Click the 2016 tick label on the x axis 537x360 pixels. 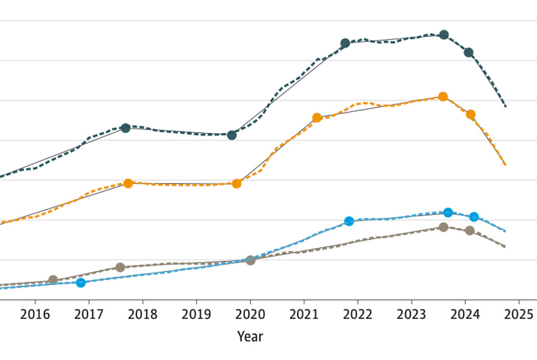35,314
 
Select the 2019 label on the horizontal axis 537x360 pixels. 196,314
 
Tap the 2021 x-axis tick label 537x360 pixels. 303,314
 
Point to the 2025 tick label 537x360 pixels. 518,314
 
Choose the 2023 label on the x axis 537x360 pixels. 411,314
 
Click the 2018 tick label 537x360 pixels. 142,314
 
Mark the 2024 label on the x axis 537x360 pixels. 464,314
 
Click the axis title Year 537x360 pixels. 250,336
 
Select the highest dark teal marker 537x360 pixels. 443,35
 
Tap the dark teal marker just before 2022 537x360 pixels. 345,43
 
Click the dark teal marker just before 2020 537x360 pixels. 232,135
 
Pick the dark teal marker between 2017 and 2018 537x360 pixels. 125,128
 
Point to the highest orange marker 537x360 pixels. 443,97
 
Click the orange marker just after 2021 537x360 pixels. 317,117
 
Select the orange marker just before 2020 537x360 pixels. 236,183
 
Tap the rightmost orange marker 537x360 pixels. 471,115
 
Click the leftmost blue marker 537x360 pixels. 81,282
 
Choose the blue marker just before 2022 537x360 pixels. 349,221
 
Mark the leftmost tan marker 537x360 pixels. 53,280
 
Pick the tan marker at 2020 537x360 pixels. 250,260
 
